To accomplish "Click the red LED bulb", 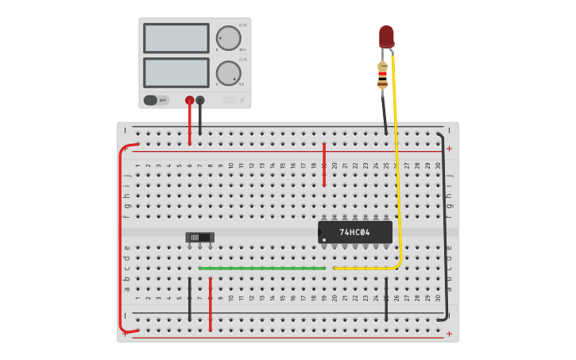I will tap(386, 36).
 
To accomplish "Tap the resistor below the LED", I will tap(383, 75).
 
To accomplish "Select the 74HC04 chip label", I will tap(354, 232).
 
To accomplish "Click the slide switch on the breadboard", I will tap(199, 237).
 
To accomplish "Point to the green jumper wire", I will tap(262, 269).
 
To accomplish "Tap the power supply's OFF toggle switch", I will tap(156, 100).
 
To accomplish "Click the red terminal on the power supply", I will tap(189, 100).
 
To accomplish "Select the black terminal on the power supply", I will tap(200, 100).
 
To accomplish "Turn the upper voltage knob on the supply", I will tap(228, 38).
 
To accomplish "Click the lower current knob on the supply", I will tap(228, 73).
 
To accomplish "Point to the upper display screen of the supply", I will tap(176, 37).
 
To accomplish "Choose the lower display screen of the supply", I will tap(176, 72).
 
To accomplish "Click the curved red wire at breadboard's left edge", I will tap(121, 238).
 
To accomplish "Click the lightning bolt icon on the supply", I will tap(242, 100).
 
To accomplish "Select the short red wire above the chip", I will tap(324, 165).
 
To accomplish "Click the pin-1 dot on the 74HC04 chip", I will tap(324, 239).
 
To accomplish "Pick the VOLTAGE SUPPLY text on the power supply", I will tap(228, 100).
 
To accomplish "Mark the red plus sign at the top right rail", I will tap(449, 149).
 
